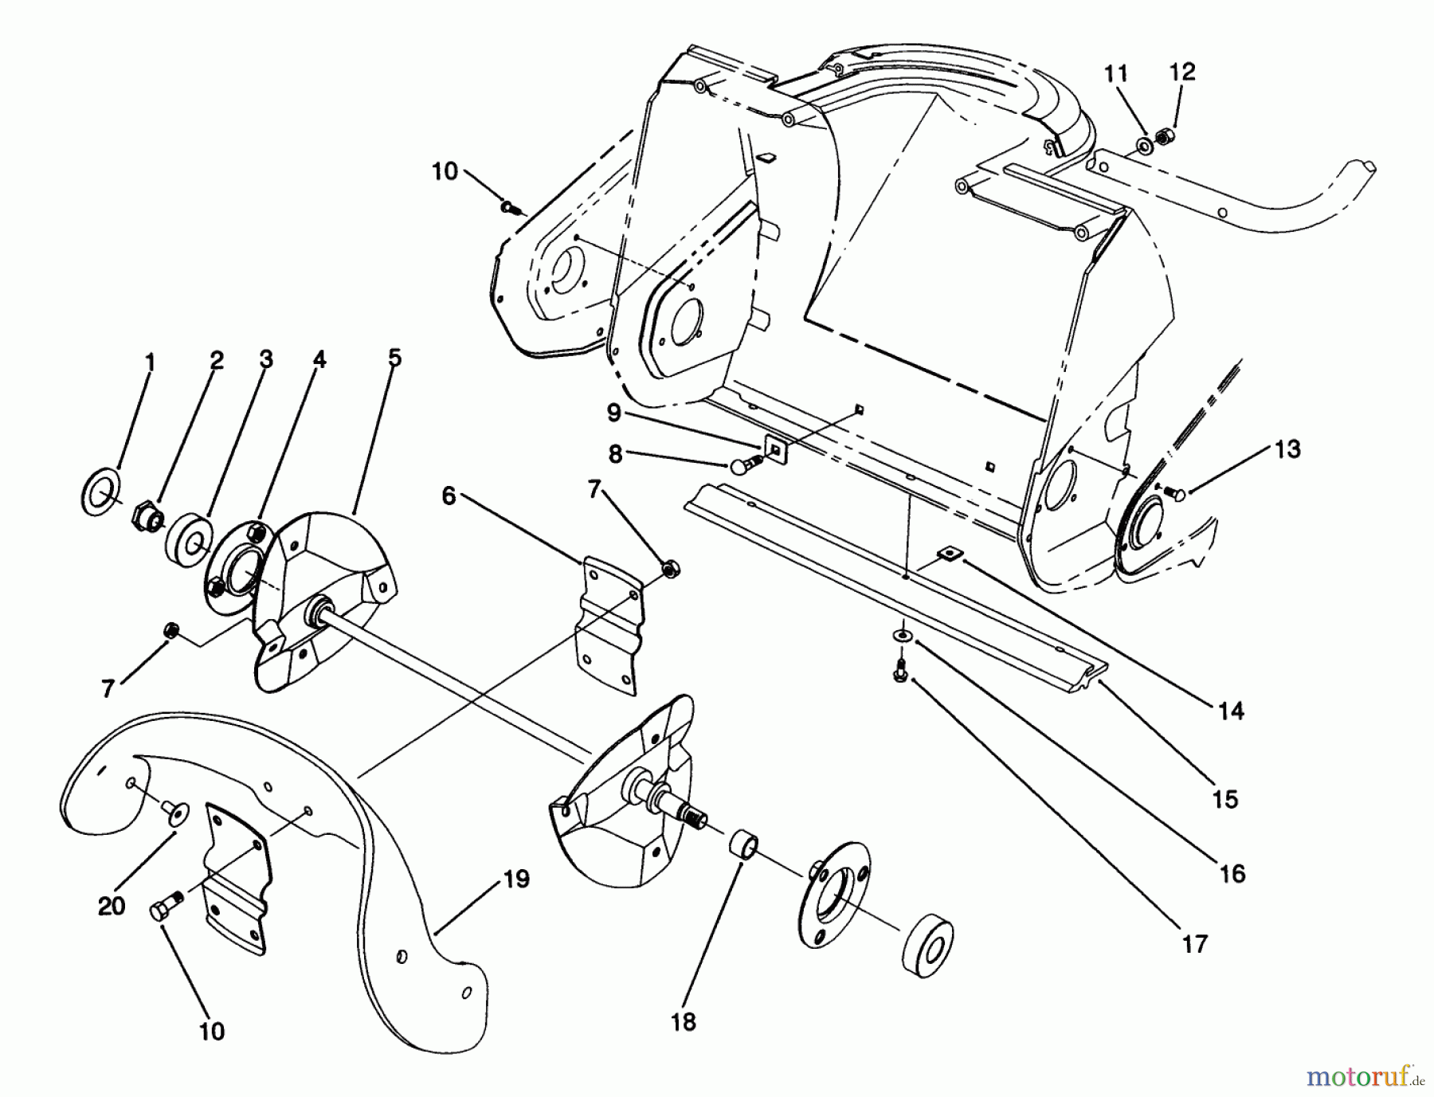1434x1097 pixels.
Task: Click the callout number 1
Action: pos(150,364)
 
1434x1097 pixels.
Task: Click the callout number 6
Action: pos(449,496)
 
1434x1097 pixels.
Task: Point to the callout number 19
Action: pos(516,880)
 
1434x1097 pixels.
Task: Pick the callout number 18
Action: pos(684,1022)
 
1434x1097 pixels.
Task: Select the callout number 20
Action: pos(112,906)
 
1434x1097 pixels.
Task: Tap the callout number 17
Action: pos(1195,945)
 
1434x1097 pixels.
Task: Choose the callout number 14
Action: pos(1231,711)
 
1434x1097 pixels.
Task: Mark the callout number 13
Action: pos(1287,449)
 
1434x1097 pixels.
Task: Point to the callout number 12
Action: pos(1182,72)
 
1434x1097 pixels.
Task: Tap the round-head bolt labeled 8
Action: pos(739,464)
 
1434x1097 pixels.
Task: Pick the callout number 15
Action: pos(1224,798)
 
